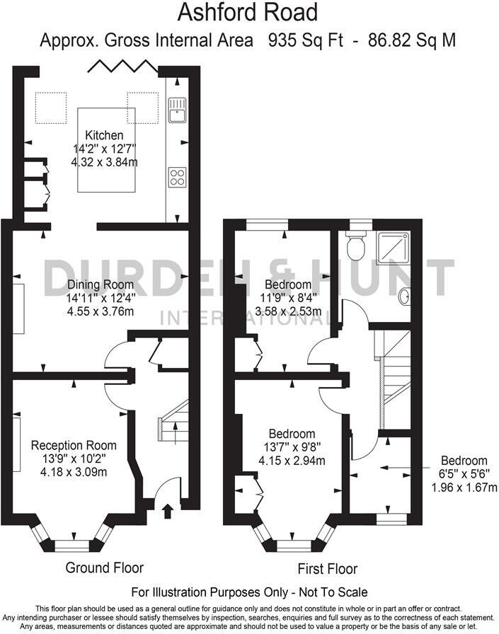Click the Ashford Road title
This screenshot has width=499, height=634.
click(x=247, y=12)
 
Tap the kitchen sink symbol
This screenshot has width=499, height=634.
click(x=176, y=110)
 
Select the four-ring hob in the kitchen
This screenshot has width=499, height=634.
click(x=177, y=177)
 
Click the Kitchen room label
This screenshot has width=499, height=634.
click(x=104, y=135)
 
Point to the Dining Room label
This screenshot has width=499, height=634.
click(x=100, y=284)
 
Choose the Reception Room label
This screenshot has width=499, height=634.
click(x=74, y=445)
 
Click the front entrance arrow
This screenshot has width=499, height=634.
click(x=167, y=510)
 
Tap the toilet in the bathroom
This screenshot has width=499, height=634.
click(x=355, y=247)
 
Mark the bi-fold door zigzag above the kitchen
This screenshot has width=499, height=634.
click(x=122, y=67)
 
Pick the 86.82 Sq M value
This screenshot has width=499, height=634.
click(x=412, y=40)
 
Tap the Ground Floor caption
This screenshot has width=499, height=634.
click(x=104, y=567)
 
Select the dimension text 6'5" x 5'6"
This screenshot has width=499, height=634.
click(x=464, y=474)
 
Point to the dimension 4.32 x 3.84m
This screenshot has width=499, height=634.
click(x=104, y=162)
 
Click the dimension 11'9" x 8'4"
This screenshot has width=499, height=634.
click(x=288, y=298)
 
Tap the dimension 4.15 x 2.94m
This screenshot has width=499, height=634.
click(x=291, y=461)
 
